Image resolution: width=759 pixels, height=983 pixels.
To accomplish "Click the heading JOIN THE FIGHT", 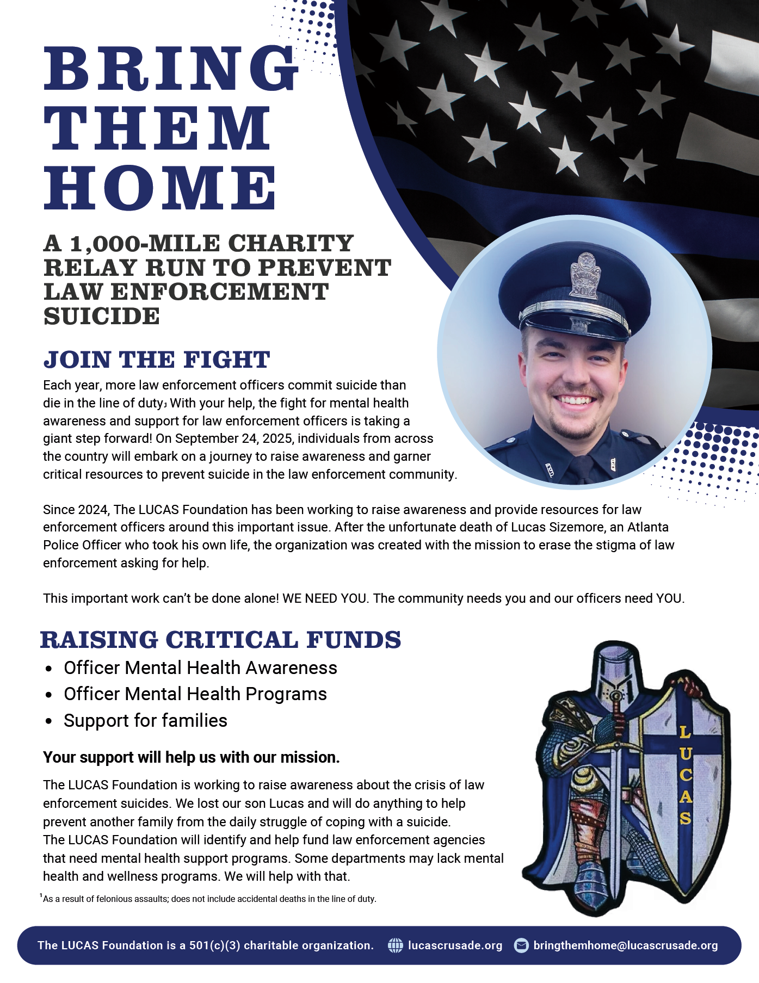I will click(157, 360).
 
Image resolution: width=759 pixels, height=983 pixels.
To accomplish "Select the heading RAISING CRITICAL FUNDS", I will click(220, 640).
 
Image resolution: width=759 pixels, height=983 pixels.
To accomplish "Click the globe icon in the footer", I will click(395, 945).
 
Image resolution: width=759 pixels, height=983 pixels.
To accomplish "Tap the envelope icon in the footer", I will click(521, 945).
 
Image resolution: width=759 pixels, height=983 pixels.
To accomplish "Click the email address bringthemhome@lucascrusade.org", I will click(626, 945).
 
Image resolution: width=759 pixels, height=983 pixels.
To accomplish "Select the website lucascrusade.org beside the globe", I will click(455, 945).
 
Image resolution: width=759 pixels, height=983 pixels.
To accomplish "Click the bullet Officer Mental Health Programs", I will click(195, 694).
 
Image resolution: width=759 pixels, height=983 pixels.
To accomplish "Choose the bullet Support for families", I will click(145, 721).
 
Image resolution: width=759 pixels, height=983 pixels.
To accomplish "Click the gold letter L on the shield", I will click(684, 733).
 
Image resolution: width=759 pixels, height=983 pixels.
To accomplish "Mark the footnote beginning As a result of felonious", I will click(209, 899).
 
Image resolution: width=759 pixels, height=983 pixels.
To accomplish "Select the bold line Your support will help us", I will click(192, 757).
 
